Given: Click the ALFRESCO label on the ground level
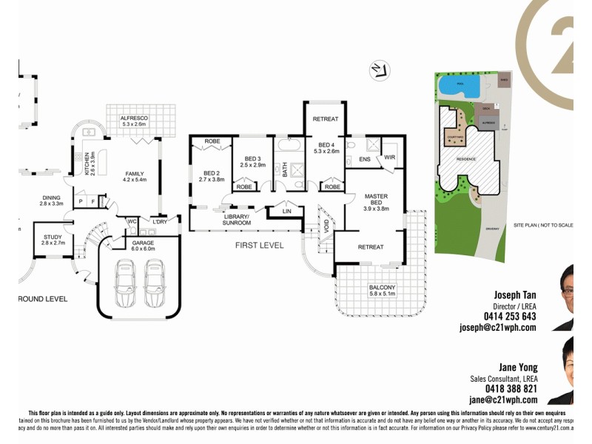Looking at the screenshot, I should point(136,120).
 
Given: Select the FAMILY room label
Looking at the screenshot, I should point(135,176).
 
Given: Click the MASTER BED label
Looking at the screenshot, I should point(376,201).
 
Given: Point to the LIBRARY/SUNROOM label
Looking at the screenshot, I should point(237,220).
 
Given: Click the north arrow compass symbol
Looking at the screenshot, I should point(378,70).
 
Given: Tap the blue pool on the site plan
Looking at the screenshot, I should point(458,87).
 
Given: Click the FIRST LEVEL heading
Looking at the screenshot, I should point(259,245).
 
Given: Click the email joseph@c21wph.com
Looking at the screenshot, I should point(497,327).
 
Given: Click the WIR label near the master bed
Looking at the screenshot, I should point(390,158).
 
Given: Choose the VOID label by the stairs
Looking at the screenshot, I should point(326,224).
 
